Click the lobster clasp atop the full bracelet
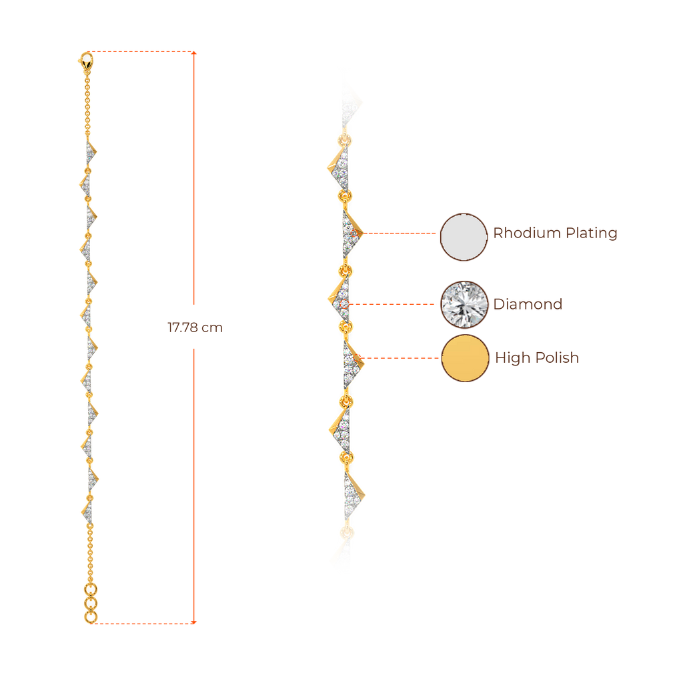pyautogui.click(x=85, y=59)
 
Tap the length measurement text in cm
pyautogui.click(x=195, y=327)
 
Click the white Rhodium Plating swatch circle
pyautogui.click(x=464, y=236)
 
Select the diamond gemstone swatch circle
pyautogui.click(x=464, y=304)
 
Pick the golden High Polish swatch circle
pyautogui.click(x=464, y=359)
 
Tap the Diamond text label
pyautogui.click(x=528, y=304)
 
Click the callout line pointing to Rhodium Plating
pyautogui.click(x=400, y=233)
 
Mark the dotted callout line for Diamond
pyautogui.click(x=394, y=304)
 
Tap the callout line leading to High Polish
pyautogui.click(x=400, y=358)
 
